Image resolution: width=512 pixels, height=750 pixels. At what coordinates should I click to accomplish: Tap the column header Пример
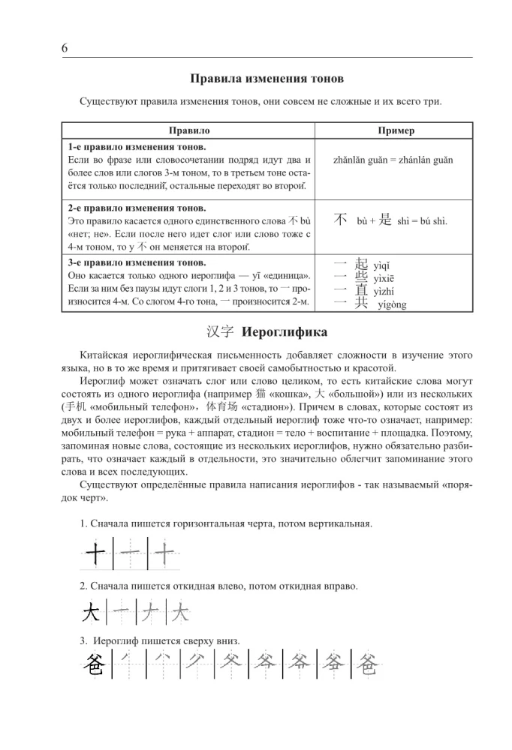click(396, 130)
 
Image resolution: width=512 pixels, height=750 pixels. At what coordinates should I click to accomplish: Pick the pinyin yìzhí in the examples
click(384, 292)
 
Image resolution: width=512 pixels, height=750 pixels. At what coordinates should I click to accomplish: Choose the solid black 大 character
click(92, 614)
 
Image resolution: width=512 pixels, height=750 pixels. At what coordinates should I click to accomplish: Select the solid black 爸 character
click(94, 664)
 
